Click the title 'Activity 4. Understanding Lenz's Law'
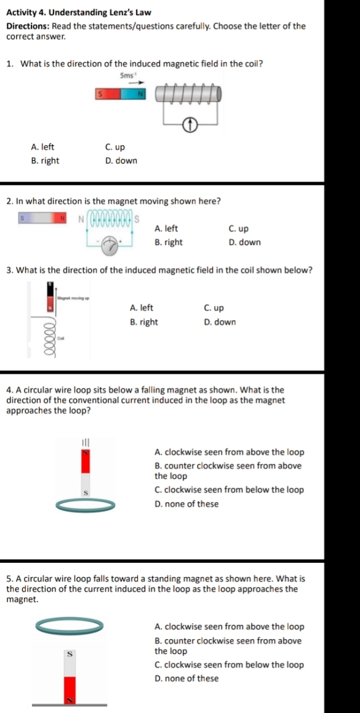tap(79, 12)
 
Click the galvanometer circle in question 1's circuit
tap(191, 127)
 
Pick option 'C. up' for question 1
tap(115, 147)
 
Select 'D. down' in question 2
tap(244, 242)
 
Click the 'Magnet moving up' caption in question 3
tap(73, 297)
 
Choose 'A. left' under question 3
tap(142, 308)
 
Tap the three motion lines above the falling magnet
tap(85, 443)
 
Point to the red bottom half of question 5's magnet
tap(70, 689)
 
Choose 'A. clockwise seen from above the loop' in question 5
tap(229, 627)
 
